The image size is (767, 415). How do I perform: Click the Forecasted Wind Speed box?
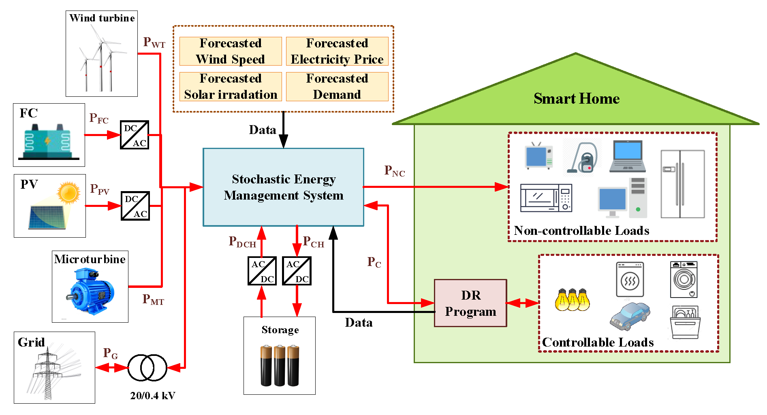point(231,51)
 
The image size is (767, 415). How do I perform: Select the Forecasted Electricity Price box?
point(337,51)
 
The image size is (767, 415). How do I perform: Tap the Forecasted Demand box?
point(337,87)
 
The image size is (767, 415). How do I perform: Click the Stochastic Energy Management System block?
point(283,187)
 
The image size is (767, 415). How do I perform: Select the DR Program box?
point(470,303)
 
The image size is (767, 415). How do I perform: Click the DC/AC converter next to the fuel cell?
point(135,135)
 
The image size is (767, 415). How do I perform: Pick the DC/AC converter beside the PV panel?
point(135,206)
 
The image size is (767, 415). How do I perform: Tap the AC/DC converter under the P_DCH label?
point(262,271)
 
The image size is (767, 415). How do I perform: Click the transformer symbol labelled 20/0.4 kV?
point(147,368)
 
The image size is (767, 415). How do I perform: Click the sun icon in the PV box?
point(68,192)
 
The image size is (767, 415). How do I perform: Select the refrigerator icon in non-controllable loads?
point(682,184)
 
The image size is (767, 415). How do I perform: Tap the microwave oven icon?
point(546,198)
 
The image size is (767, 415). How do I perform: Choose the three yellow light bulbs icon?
point(572,300)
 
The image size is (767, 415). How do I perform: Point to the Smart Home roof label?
point(576,98)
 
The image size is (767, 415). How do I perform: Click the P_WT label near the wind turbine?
point(154,42)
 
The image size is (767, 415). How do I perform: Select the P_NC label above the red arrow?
point(394,171)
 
